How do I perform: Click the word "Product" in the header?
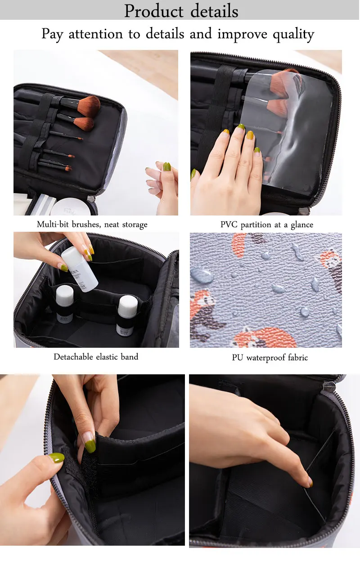154,11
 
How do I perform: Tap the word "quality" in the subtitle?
293,35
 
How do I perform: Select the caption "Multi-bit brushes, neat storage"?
92,224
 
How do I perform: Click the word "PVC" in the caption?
229,224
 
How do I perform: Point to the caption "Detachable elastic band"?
96,357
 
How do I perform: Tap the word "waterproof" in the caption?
266,358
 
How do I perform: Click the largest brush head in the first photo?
89,106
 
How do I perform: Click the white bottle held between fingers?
79,269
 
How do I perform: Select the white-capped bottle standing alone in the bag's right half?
127,315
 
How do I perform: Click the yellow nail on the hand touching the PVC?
250,135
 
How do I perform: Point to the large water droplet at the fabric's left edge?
202,275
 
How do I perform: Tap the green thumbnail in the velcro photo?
56,458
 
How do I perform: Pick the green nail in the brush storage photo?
167,166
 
